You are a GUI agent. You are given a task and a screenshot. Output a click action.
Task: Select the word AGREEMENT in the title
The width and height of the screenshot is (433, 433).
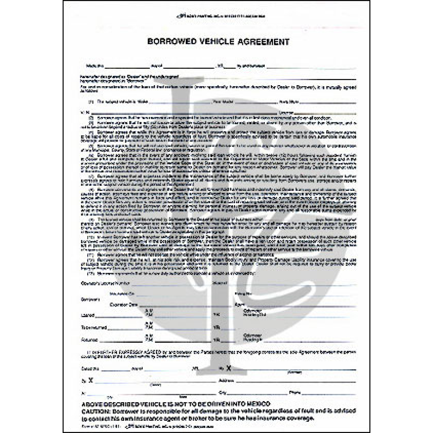(264, 42)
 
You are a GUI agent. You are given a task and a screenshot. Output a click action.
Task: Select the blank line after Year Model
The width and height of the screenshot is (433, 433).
(255, 103)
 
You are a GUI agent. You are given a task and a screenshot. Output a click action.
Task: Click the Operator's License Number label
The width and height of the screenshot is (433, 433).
(105, 283)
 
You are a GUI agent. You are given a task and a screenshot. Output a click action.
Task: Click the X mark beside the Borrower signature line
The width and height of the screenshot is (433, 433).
(229, 368)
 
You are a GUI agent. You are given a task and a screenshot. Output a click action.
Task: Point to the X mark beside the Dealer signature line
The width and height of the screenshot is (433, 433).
(91, 380)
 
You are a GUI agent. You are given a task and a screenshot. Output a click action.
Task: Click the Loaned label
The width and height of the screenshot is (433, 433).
(88, 316)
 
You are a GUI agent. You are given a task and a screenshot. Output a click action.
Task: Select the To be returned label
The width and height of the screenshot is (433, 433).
(94, 328)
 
